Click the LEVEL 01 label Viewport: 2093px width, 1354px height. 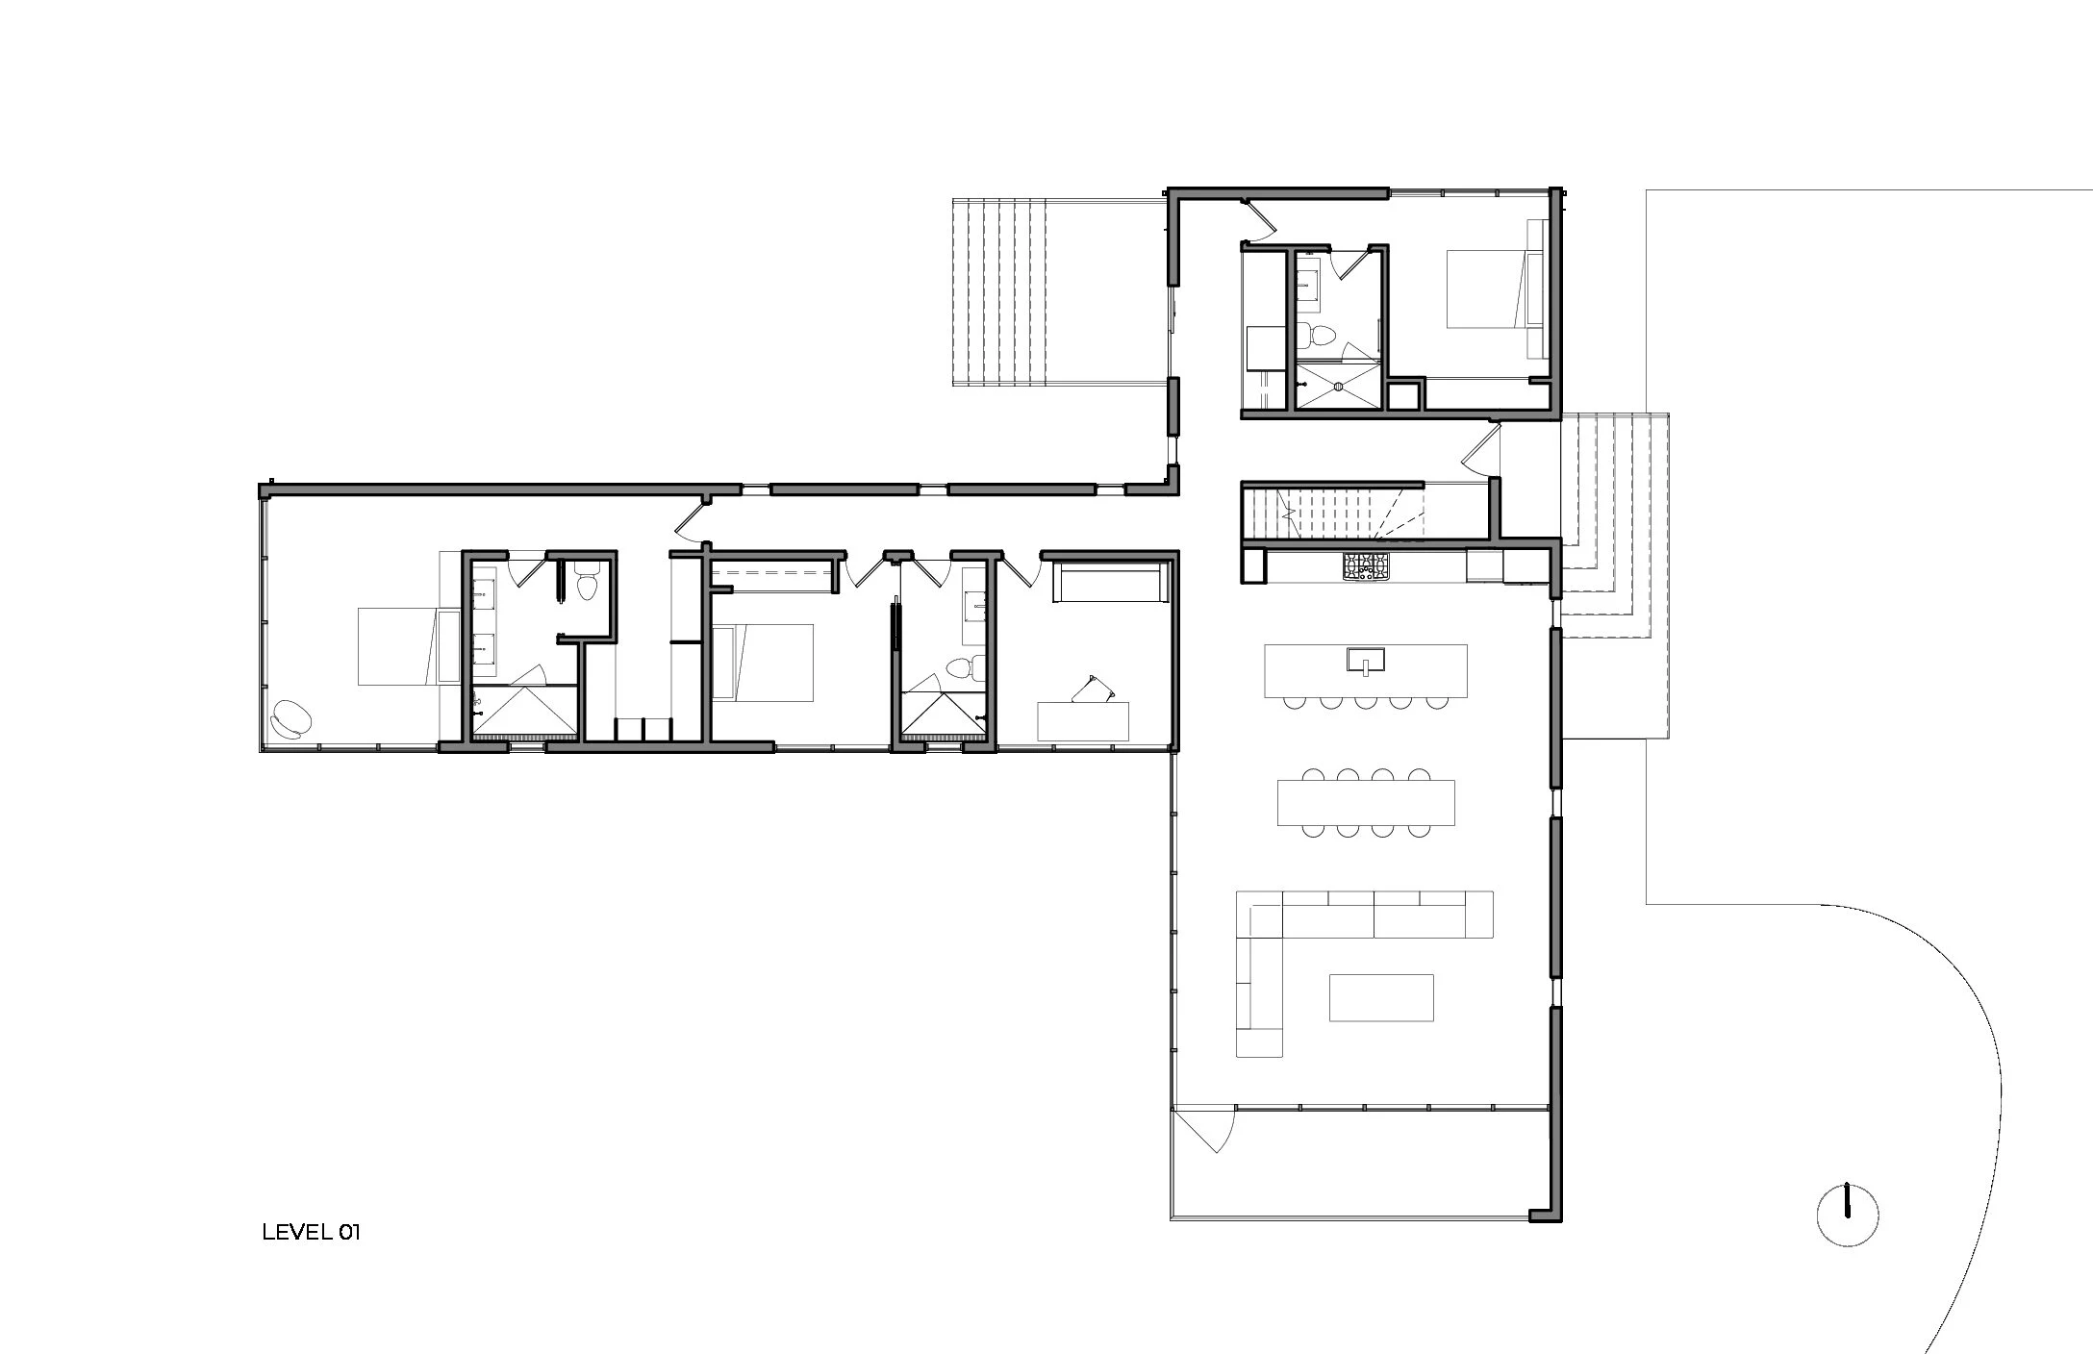click(311, 1232)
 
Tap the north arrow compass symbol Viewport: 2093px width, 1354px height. click(1847, 1216)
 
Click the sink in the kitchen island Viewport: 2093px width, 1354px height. click(1365, 661)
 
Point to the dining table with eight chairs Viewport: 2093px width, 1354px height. click(1366, 802)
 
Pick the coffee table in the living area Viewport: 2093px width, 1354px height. click(1381, 997)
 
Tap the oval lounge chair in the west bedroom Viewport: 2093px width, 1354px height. click(291, 718)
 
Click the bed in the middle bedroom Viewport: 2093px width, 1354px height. click(765, 663)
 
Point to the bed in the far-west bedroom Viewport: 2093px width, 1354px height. click(408, 646)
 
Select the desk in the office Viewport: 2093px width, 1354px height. click(1083, 721)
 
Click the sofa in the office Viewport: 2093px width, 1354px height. click(1111, 584)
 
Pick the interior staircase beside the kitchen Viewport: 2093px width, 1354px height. click(1331, 514)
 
